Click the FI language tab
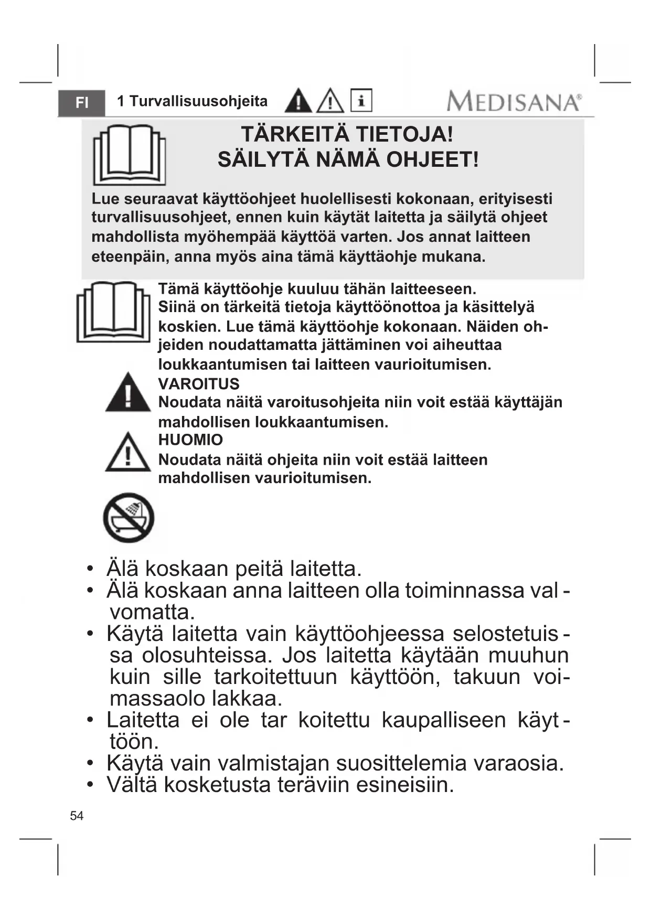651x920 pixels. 81,102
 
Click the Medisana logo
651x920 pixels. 514,101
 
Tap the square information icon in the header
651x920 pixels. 361,100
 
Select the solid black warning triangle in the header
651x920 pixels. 298,101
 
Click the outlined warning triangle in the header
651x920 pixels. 330,101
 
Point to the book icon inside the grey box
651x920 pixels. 129,154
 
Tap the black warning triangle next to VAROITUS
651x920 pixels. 127,393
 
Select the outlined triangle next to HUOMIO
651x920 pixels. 127,452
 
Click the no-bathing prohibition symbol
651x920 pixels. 129,518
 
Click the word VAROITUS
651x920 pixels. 199,384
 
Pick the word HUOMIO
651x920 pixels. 190,440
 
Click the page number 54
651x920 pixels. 77,816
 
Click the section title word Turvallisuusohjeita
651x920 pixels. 198,101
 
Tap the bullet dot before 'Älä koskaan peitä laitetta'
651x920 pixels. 91,569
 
